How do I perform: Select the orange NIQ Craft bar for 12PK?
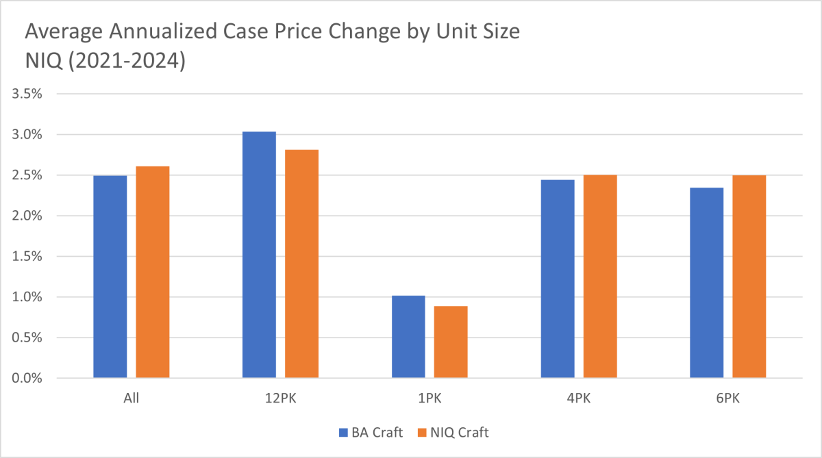click(301, 264)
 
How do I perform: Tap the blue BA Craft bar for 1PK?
click(408, 337)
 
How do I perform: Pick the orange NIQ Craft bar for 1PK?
click(451, 342)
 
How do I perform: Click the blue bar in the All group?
click(110, 277)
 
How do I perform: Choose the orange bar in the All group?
click(153, 272)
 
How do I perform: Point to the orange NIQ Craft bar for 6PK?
click(749, 277)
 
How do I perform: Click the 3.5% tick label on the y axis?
click(27, 94)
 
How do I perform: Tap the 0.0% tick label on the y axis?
click(27, 378)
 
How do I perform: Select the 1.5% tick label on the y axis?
click(27, 257)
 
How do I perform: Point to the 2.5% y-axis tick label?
click(27, 175)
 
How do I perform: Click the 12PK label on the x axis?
click(280, 398)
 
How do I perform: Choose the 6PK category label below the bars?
click(728, 398)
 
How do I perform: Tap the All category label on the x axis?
click(132, 398)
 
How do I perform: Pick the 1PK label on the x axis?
click(429, 398)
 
